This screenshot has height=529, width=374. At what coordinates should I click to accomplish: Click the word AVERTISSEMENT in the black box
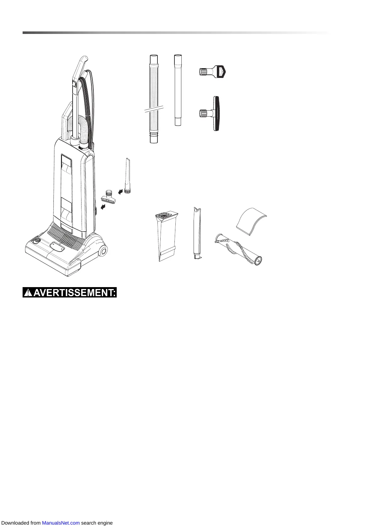click(x=74, y=293)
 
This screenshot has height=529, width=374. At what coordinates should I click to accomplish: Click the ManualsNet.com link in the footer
click(x=61, y=523)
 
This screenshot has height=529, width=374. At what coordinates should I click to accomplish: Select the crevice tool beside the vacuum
click(x=127, y=176)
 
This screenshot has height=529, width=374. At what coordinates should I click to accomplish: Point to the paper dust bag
click(x=167, y=236)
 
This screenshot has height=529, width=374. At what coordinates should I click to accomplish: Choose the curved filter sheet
click(x=251, y=221)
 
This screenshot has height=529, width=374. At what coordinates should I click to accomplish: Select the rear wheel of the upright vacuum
click(x=102, y=250)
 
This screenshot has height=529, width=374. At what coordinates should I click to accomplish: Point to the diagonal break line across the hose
click(x=154, y=108)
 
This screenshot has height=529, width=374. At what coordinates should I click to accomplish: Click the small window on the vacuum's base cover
click(x=57, y=247)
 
